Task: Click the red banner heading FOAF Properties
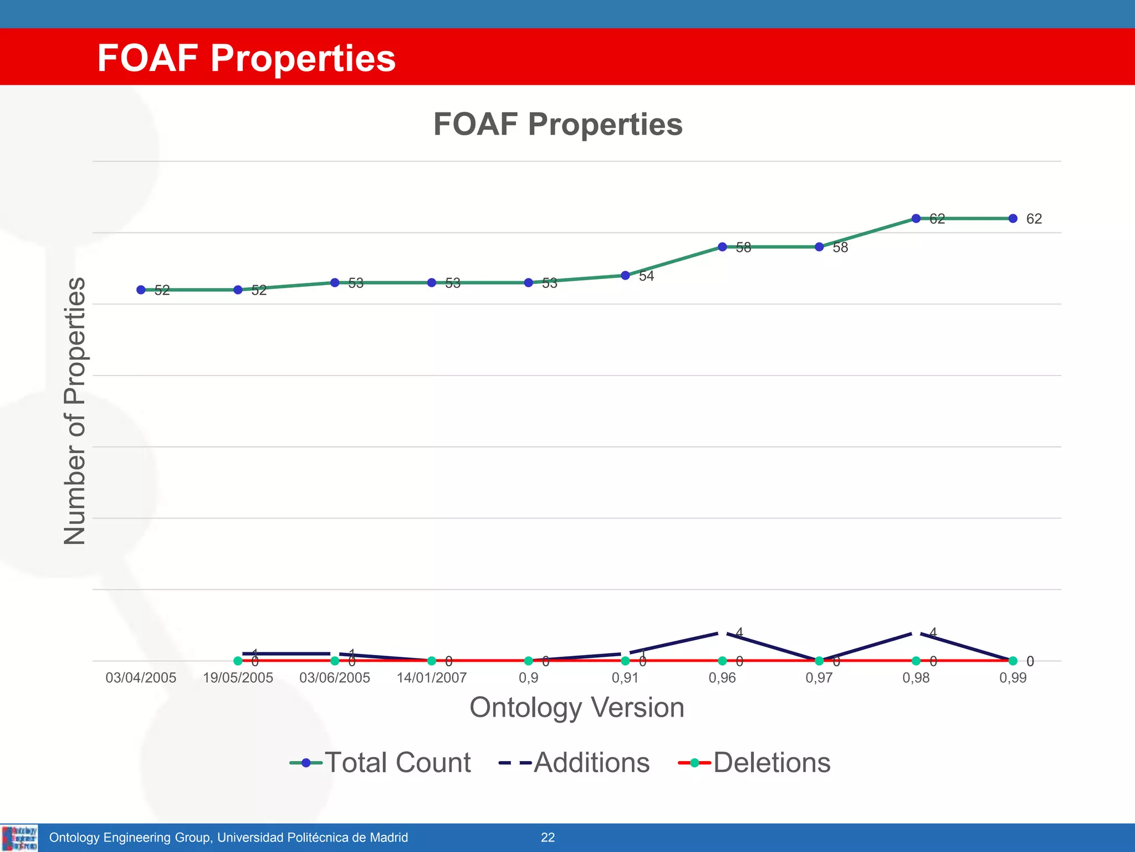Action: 246,58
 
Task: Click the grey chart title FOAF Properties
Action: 558,124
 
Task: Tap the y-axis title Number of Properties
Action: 75,410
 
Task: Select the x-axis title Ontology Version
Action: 576,707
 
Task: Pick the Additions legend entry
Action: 574,763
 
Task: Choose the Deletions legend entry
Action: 754,763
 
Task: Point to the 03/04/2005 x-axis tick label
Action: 141,678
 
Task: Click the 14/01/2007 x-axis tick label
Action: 431,678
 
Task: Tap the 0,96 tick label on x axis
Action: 722,678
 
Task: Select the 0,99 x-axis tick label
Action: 1013,678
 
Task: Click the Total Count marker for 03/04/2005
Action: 141,290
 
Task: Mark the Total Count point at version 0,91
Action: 625,275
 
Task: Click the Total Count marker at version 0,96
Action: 722,247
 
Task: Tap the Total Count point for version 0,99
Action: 1013,219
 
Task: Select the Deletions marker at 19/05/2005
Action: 238,661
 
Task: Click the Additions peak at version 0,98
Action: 916,632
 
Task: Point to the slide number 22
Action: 548,838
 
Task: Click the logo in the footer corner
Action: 20,838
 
